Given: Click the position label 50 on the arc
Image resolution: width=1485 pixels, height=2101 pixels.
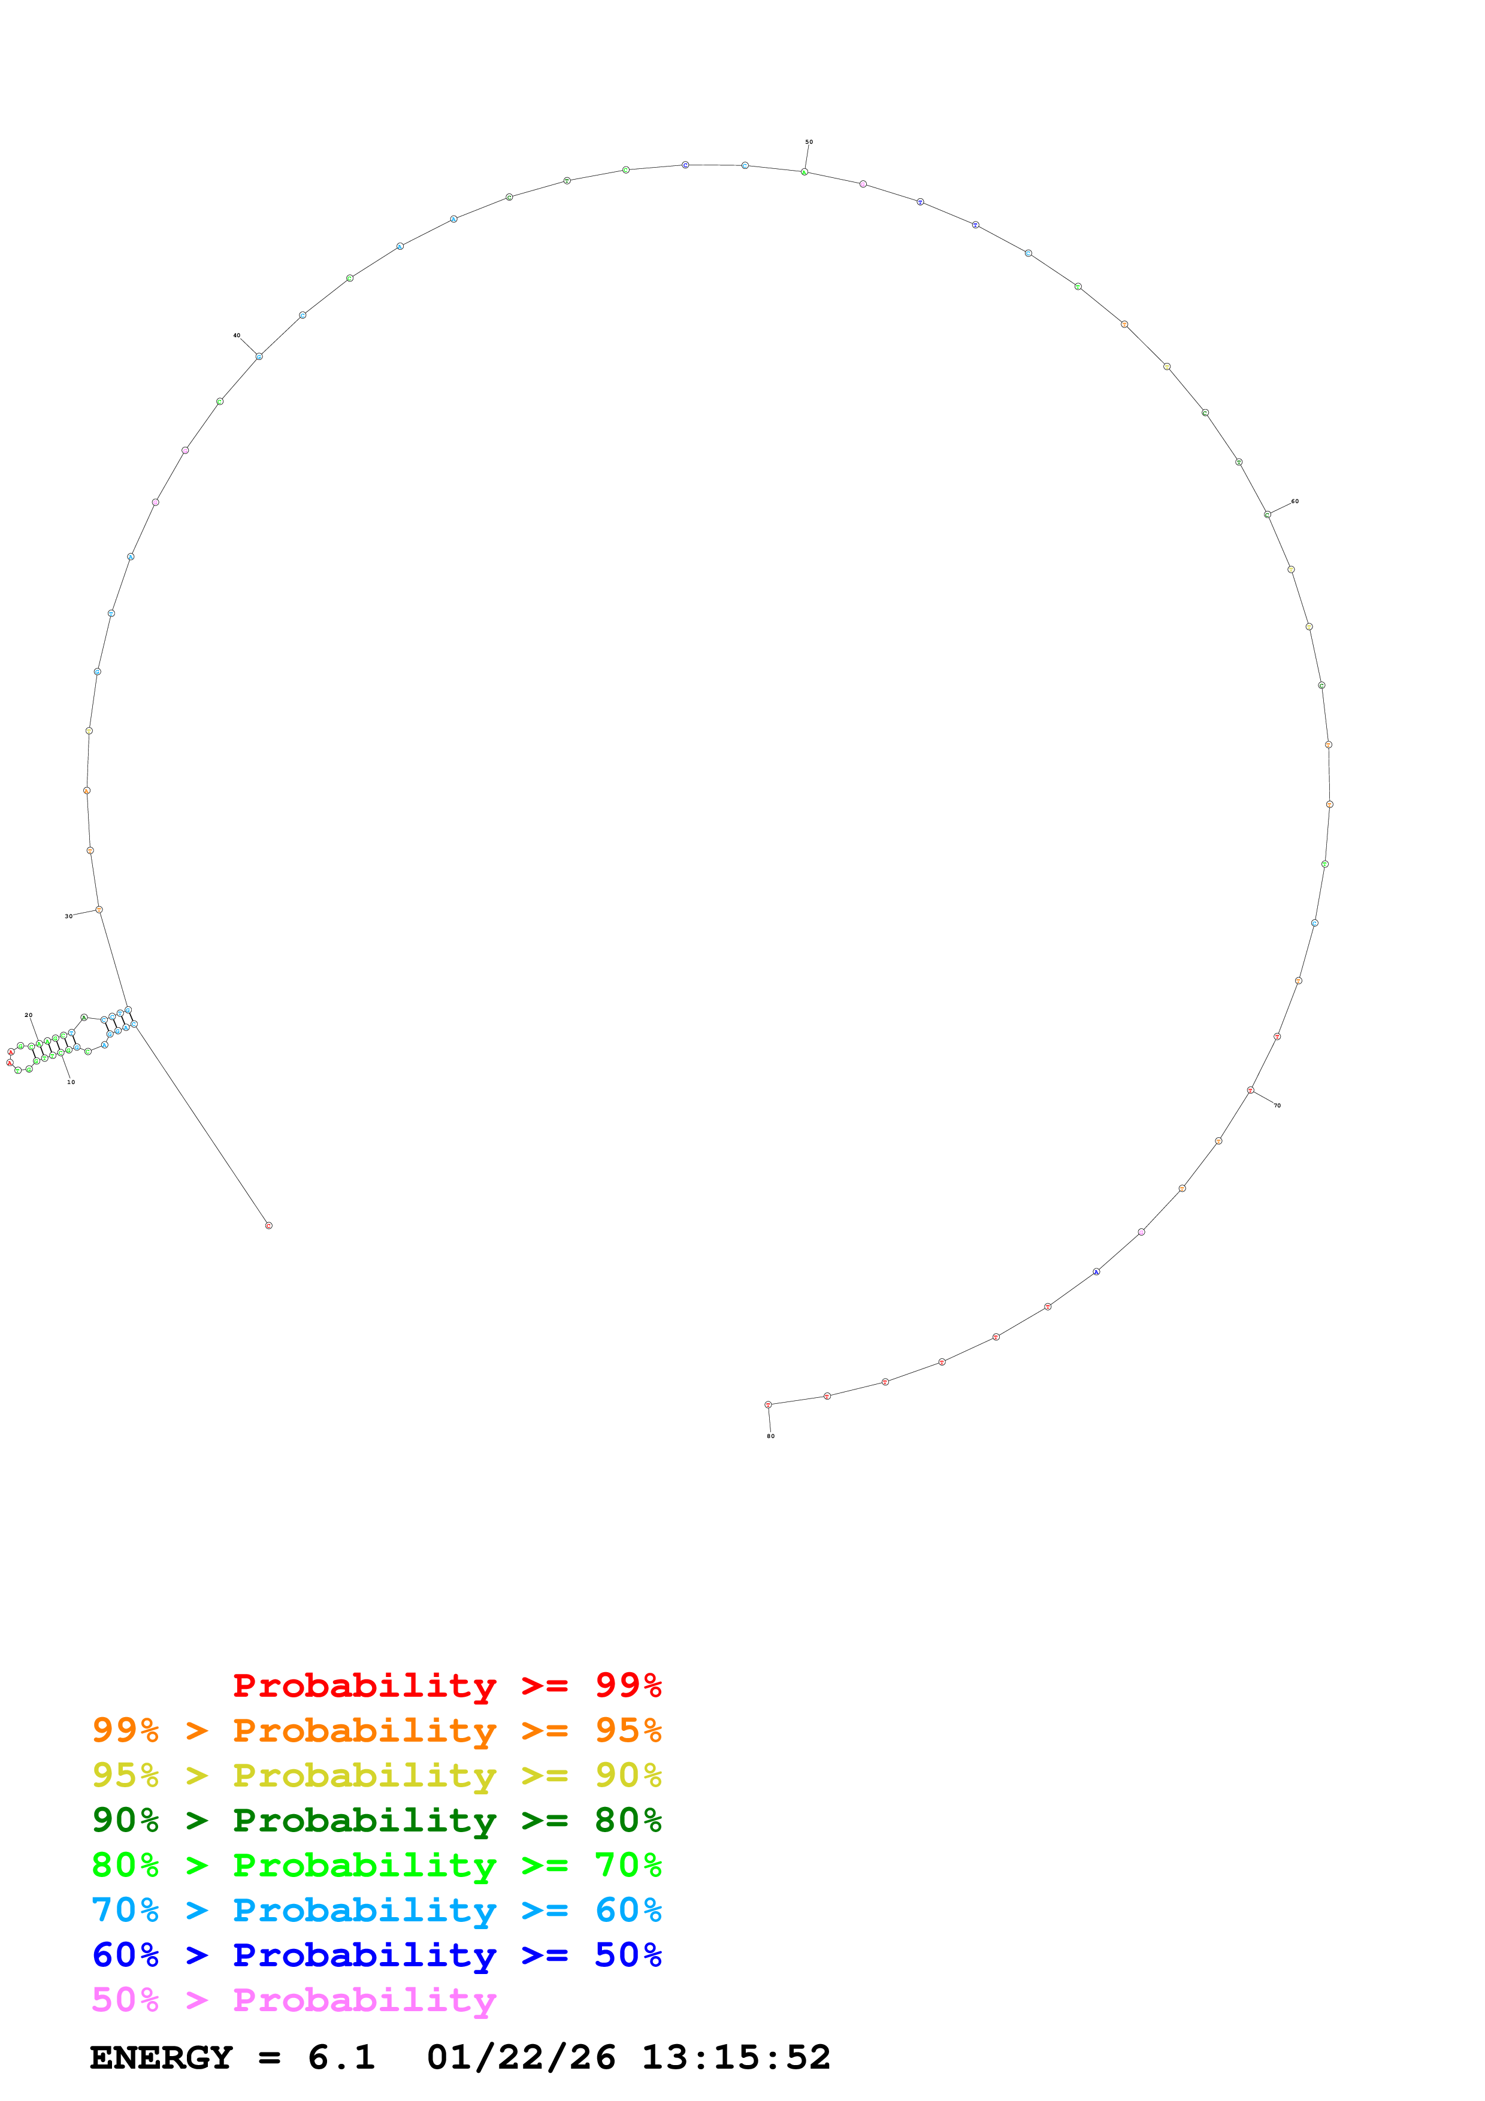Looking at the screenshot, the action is [809, 142].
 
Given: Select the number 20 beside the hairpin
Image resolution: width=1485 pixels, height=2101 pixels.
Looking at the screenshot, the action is [28, 1015].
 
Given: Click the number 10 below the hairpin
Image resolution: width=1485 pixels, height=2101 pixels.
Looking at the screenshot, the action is [71, 1082].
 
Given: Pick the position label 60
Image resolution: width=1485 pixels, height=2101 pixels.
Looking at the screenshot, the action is [1295, 501].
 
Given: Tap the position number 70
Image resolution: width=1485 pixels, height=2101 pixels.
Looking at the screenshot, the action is [1277, 1106].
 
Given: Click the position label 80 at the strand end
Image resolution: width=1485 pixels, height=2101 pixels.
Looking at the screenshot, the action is [770, 1436].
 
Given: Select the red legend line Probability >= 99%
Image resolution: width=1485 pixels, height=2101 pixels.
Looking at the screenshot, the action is [446, 1685].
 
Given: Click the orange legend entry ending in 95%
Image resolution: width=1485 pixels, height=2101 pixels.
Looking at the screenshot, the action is [376, 1730].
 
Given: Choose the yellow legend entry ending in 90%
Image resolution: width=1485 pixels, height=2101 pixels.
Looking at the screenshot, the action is [376, 1775].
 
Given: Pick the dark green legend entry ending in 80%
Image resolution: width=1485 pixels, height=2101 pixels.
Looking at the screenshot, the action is [376, 1820].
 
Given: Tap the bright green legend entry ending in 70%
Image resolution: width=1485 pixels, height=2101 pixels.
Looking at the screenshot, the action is [376, 1865].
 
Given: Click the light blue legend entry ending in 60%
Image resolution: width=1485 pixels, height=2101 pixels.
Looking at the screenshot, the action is [376, 1910].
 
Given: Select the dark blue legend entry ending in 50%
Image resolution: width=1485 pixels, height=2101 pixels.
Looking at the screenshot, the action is [376, 1955].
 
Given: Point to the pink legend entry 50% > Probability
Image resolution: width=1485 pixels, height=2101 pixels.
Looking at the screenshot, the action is [293, 1999].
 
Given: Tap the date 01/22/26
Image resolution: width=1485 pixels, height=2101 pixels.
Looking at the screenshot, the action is [521, 2057].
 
